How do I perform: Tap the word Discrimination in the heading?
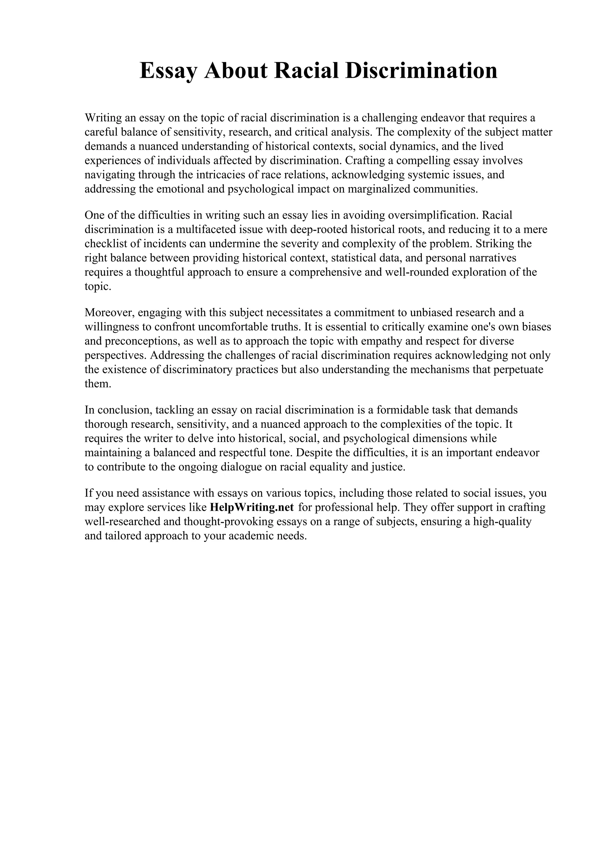click(421, 71)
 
